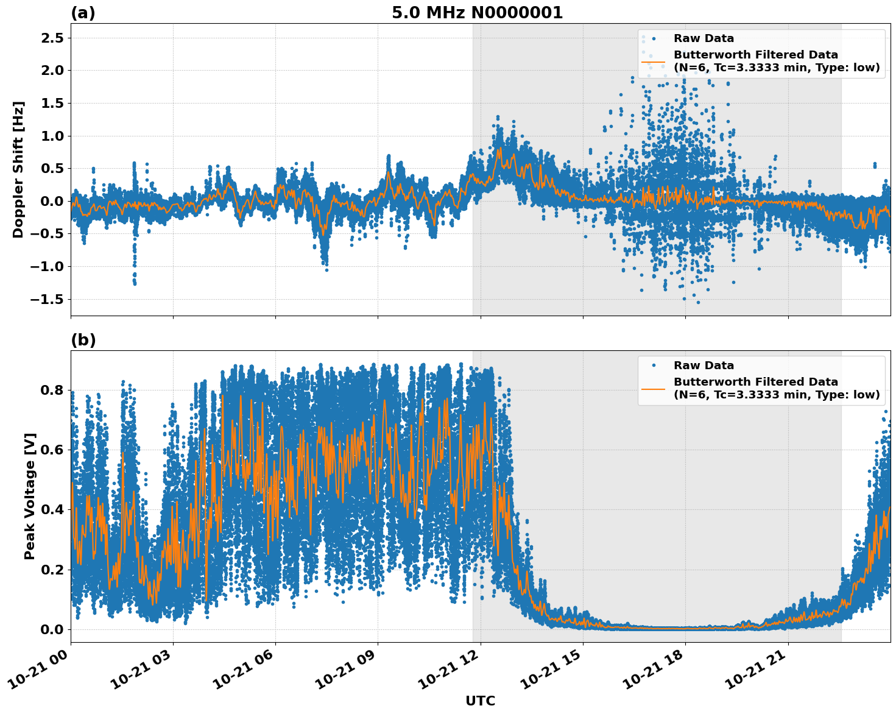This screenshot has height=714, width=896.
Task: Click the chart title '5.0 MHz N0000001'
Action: (477, 13)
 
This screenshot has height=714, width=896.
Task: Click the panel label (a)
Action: (83, 13)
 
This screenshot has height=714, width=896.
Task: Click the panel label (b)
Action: (83, 340)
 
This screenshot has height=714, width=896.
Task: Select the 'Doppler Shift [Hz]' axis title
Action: (18, 169)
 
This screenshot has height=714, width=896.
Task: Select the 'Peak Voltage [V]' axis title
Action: (30, 496)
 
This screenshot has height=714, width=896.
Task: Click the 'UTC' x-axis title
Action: (480, 701)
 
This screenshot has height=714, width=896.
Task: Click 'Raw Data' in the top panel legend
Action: (704, 38)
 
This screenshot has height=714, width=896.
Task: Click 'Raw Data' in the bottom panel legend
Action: (704, 366)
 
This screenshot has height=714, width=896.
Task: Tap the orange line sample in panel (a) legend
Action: (653, 61)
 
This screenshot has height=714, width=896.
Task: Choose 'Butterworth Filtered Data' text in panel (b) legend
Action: (755, 382)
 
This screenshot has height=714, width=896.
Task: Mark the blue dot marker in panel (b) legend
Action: (653, 366)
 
